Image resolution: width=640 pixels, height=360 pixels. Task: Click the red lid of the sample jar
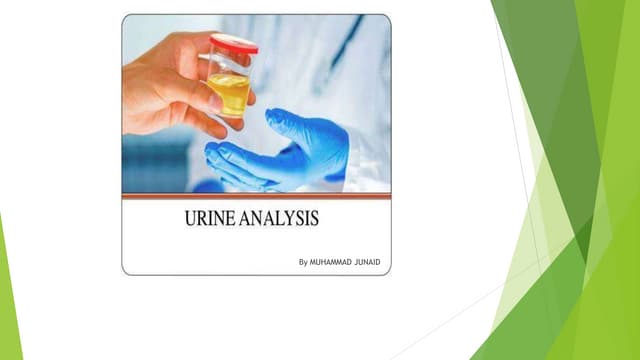click(x=233, y=42)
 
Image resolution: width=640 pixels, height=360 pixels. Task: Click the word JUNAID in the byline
click(x=369, y=262)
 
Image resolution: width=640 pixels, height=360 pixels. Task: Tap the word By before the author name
click(x=304, y=262)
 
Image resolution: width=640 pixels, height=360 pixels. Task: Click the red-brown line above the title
click(x=256, y=197)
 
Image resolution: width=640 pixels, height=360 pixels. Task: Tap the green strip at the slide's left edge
click(x=9, y=300)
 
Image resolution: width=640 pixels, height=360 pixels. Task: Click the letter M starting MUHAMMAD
click(x=315, y=262)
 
